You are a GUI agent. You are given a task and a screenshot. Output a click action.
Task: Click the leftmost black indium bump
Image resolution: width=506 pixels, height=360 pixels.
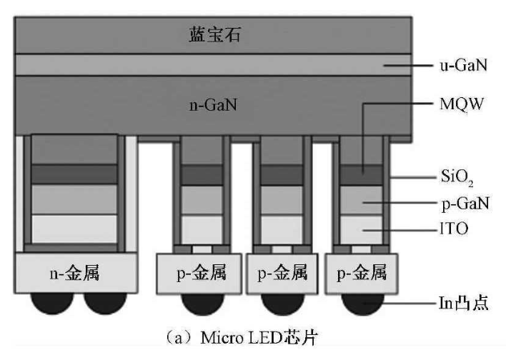(x=49, y=301)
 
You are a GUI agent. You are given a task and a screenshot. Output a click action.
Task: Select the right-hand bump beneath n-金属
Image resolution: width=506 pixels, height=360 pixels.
(x=105, y=301)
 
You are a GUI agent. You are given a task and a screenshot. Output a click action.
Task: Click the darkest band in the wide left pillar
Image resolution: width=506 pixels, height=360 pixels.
(x=75, y=174)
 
